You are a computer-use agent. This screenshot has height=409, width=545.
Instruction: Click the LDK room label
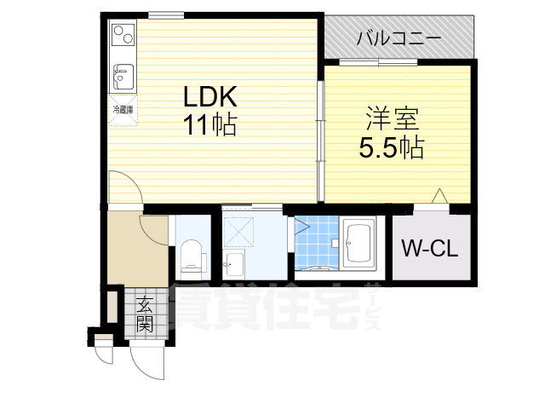207,95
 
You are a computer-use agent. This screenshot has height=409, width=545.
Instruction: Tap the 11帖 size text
207,124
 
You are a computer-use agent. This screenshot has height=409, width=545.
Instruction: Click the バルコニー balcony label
397,37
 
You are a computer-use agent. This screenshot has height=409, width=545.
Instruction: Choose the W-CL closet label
430,249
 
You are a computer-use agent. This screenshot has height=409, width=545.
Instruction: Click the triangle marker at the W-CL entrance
439,197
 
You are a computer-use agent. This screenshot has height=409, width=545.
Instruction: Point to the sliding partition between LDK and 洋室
320,141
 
